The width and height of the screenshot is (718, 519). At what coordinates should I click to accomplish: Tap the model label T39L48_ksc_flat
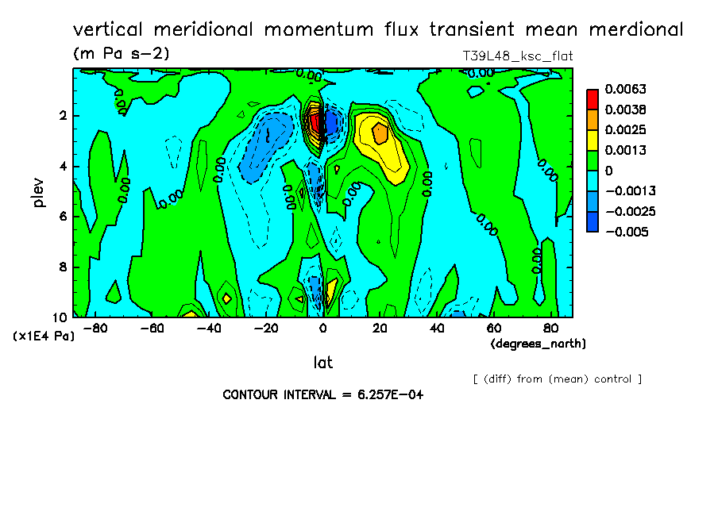(x=517, y=56)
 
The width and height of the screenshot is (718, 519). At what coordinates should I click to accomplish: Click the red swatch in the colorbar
(x=593, y=99)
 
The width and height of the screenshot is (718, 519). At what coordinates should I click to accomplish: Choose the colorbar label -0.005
(x=627, y=232)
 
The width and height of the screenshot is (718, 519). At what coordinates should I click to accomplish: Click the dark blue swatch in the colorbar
(x=593, y=221)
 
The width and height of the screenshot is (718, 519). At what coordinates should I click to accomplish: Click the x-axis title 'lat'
(x=322, y=363)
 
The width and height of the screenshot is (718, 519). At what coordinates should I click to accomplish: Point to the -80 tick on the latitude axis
(x=95, y=328)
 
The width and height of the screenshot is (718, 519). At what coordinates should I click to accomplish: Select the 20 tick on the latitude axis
(x=380, y=328)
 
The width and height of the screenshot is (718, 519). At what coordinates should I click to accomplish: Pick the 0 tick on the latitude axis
(x=322, y=328)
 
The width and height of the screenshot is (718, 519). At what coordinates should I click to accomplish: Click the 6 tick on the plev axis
(x=61, y=217)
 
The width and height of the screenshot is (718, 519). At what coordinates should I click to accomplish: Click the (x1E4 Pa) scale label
(x=44, y=336)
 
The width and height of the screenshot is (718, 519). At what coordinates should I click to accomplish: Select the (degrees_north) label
(x=538, y=344)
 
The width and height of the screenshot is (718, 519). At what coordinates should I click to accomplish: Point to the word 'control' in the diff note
(x=612, y=379)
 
